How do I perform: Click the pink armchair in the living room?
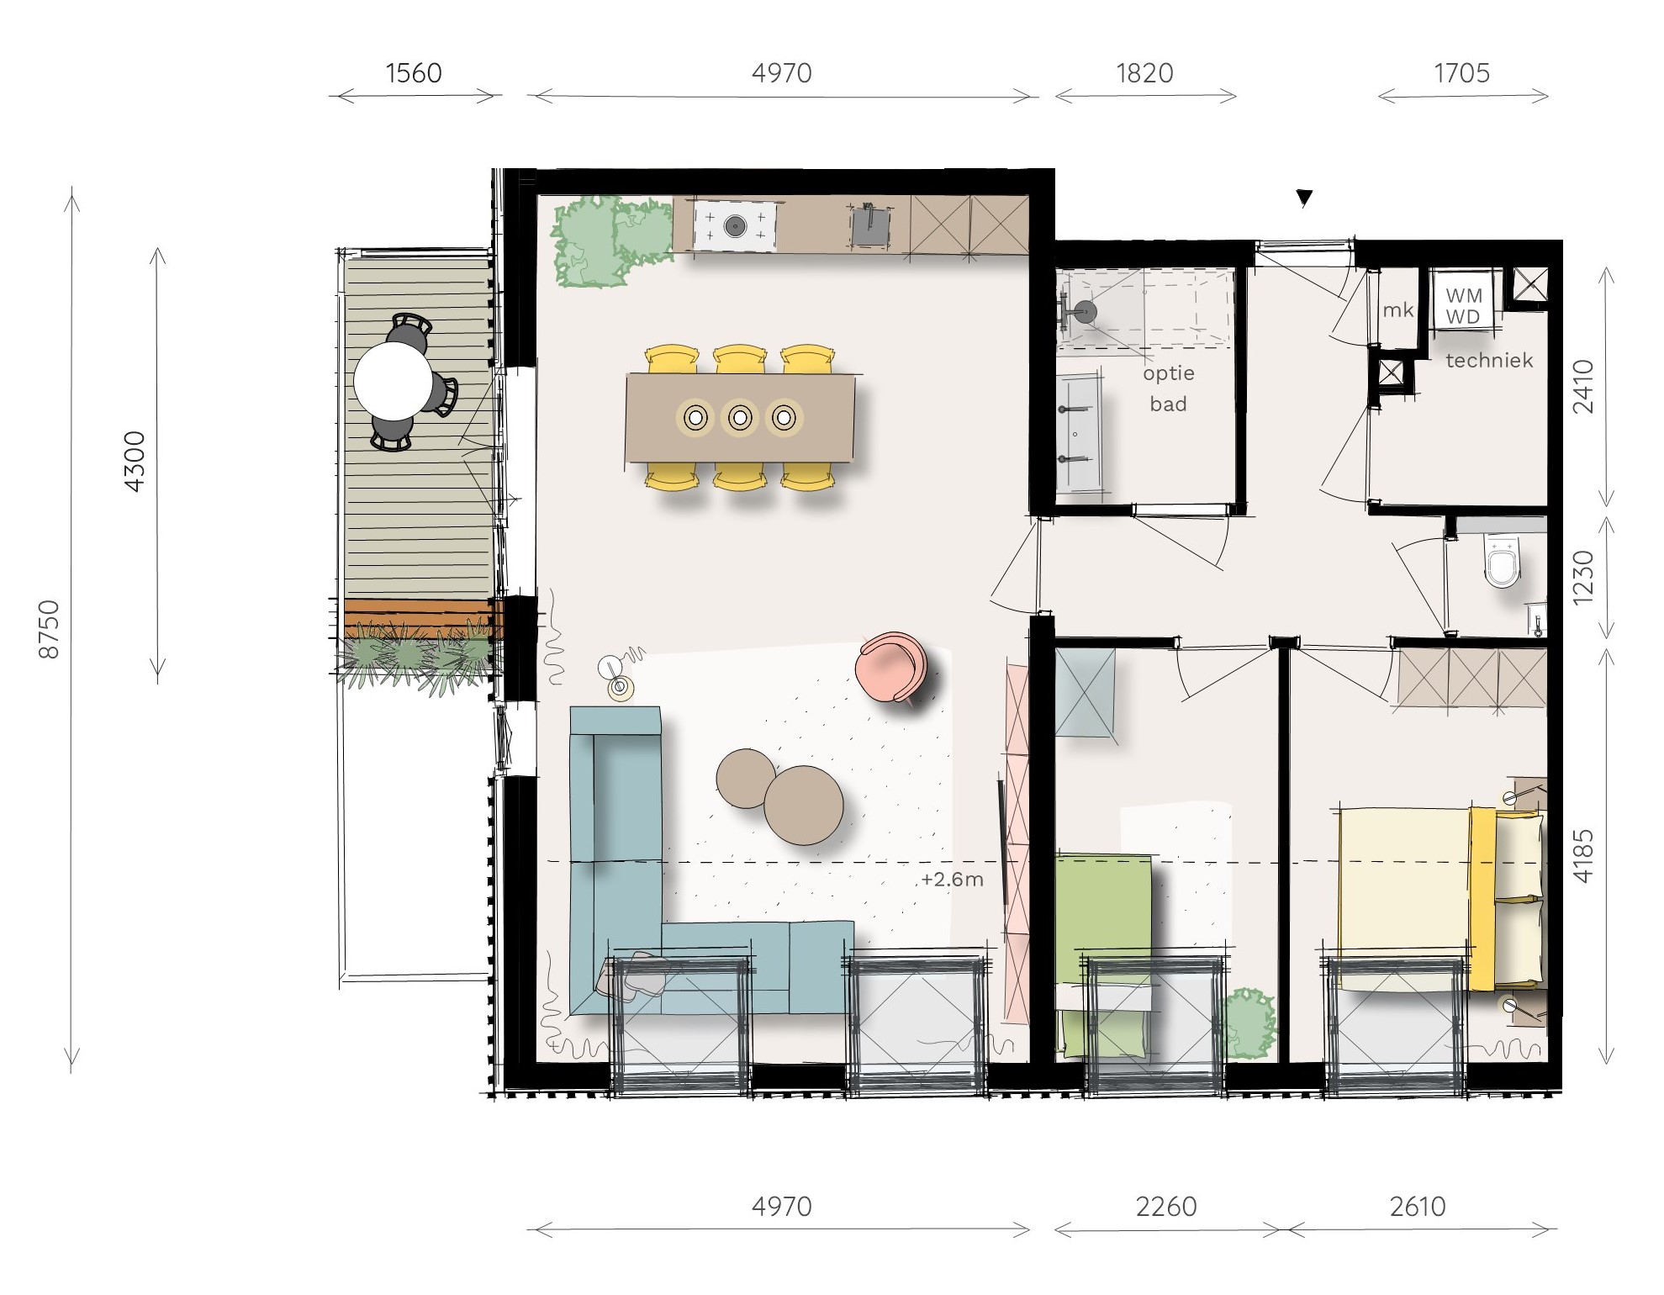point(891,667)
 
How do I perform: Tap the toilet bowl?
point(1503,562)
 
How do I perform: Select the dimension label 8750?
point(50,629)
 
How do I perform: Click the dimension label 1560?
point(414,73)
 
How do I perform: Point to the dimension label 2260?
point(1166,1207)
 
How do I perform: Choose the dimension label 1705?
point(1462,73)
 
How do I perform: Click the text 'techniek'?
point(1489,361)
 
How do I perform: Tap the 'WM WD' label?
point(1464,306)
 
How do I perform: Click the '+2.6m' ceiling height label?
point(953,880)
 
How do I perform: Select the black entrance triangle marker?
point(1304,198)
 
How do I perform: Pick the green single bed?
point(1103,954)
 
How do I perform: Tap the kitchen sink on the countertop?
point(870,225)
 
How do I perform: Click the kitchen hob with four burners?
point(735,225)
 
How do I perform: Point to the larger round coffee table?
point(804,805)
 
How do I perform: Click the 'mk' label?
point(1398,310)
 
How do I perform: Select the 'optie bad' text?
point(1169,388)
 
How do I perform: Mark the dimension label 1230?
point(1583,577)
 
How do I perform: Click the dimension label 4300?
point(135,461)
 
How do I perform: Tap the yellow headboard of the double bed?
point(1482,899)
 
